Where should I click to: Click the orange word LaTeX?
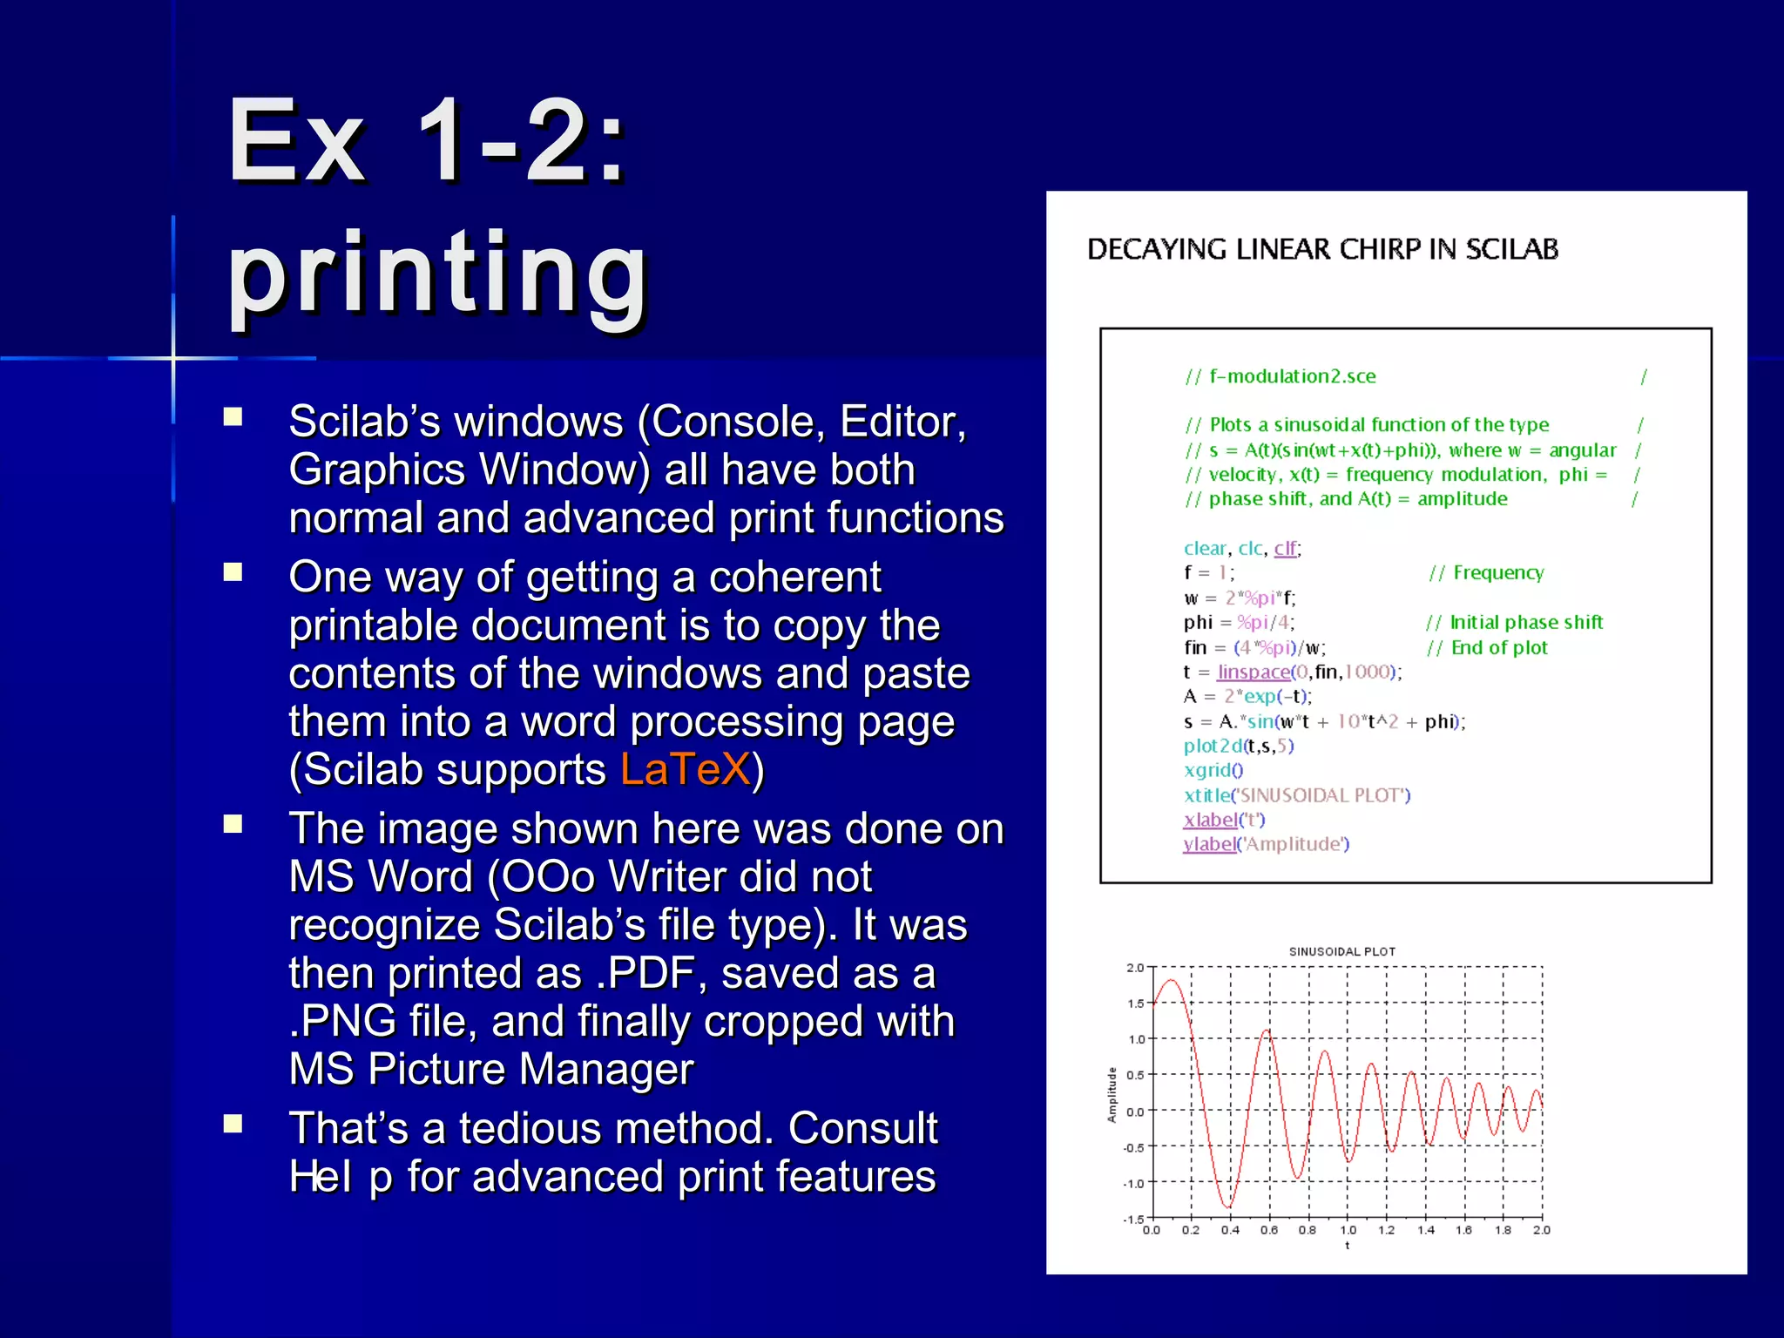(x=685, y=769)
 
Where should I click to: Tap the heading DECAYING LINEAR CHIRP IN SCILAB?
(x=1321, y=249)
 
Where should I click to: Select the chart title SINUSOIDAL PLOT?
(x=1341, y=951)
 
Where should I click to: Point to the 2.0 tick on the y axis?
(x=1134, y=968)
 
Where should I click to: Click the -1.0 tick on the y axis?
(x=1134, y=1183)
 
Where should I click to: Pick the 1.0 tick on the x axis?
(x=1347, y=1230)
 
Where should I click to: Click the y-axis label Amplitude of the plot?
(x=1112, y=1094)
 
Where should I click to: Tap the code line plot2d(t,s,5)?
(x=1238, y=746)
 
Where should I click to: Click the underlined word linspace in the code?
(x=1254, y=672)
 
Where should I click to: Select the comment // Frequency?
(x=1486, y=572)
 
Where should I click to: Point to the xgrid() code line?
(x=1213, y=770)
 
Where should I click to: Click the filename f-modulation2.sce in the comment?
(x=1292, y=376)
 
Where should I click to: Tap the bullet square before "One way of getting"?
(x=233, y=572)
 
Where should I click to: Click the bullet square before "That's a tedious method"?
(x=233, y=1124)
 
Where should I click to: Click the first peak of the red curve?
(x=1172, y=981)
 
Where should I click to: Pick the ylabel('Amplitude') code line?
(x=1265, y=844)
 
